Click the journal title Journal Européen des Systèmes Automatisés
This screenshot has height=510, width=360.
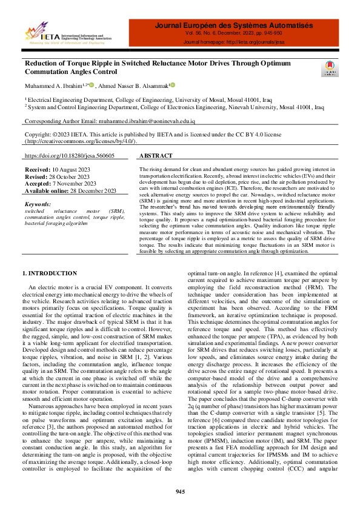[234, 25]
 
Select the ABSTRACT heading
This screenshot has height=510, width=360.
[156, 156]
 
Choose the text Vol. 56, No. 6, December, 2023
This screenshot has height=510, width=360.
[234, 35]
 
